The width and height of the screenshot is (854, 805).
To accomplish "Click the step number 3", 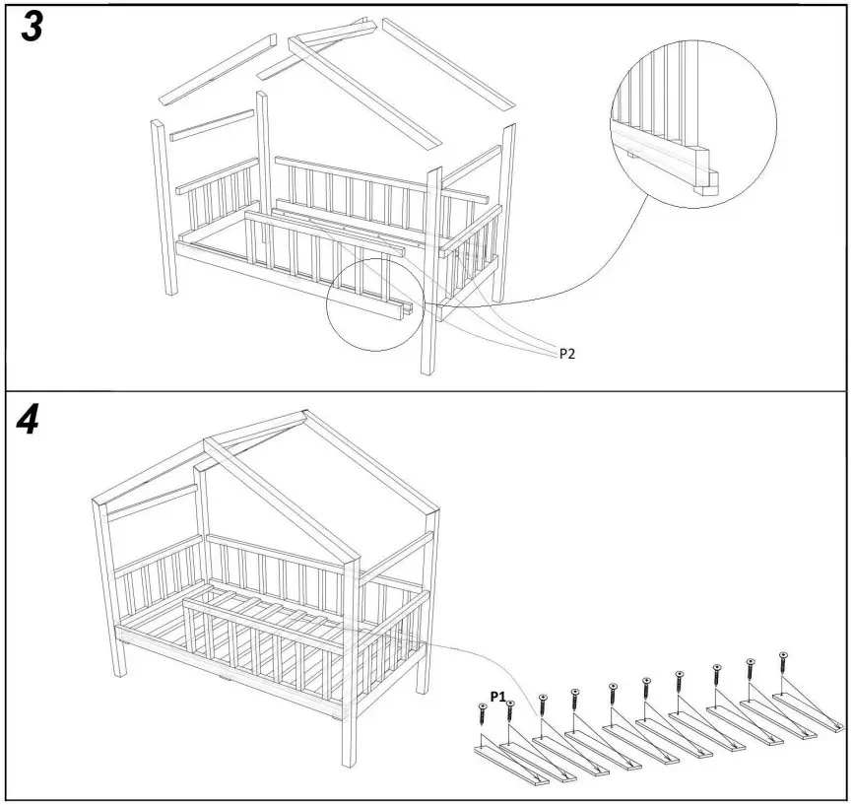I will (32, 28).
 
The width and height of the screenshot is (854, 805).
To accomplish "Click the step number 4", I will (30, 422).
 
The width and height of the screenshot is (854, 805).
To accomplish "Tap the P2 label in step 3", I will (567, 354).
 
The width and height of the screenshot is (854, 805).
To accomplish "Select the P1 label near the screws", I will (498, 697).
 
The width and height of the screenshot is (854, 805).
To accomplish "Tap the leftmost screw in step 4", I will (483, 715).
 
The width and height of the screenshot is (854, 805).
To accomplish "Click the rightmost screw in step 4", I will (783, 662).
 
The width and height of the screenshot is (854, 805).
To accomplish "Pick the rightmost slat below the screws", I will (808, 710).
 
